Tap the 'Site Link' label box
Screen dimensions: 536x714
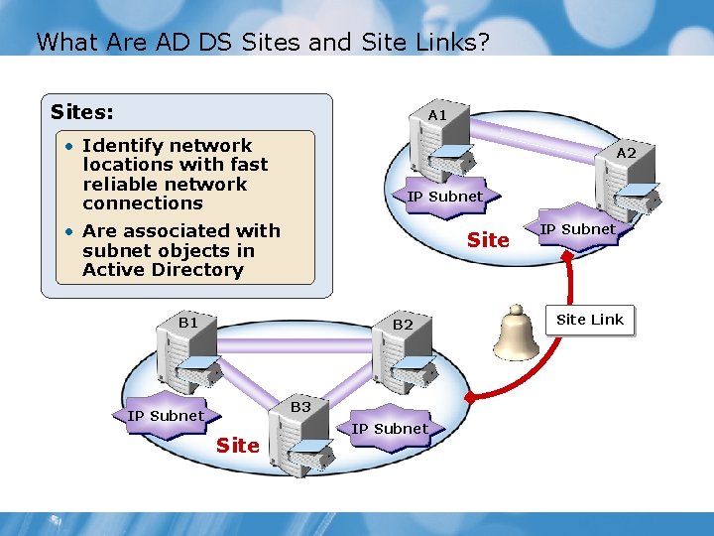590,320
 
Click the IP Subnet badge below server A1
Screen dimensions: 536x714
444,196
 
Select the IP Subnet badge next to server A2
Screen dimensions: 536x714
576,229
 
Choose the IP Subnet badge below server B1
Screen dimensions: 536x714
166,415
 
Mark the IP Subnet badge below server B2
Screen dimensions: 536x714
390,428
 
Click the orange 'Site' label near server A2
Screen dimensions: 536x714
488,240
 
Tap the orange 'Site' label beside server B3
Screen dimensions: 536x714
238,446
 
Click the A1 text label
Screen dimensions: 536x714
437,115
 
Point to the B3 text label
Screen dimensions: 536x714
300,407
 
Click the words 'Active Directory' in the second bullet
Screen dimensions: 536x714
163,270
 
